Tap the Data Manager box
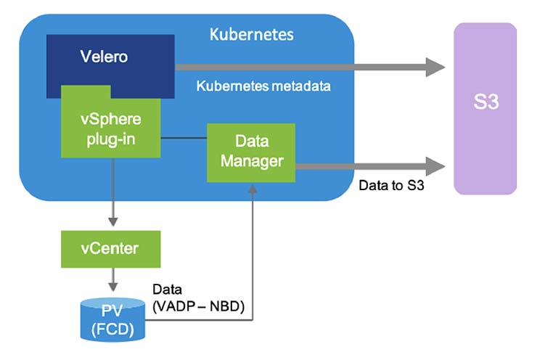251,151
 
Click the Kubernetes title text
251,35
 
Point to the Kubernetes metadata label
263,86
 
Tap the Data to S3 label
391,186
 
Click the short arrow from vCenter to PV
112,280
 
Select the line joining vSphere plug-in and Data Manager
184,137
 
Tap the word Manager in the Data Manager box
251,160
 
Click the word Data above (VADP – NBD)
168,290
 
